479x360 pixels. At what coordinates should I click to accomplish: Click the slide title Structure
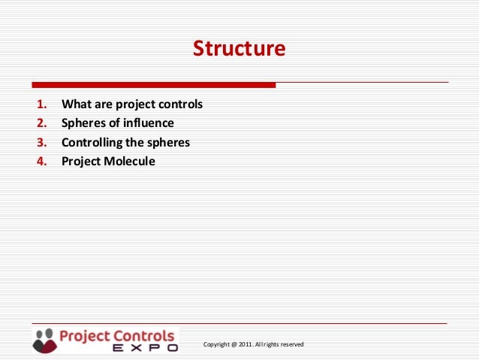coord(239,49)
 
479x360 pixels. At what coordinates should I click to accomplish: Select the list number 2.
coord(41,123)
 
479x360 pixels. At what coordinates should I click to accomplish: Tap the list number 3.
coord(41,142)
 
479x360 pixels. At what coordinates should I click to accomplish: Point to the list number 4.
coord(41,161)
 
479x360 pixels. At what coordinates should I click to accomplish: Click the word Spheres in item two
coord(83,123)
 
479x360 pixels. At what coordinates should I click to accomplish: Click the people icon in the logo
coord(44,340)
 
